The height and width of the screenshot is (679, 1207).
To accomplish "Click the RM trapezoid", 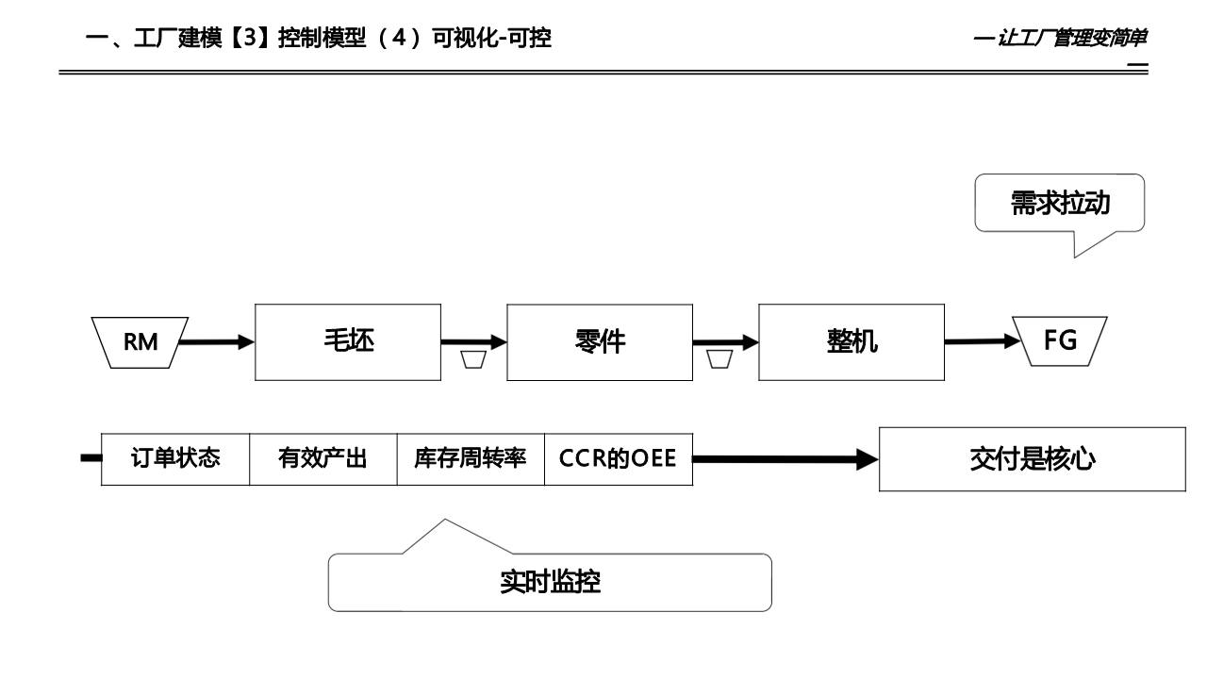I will pyautogui.click(x=141, y=341).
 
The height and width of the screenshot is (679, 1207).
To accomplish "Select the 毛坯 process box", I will pyautogui.click(x=348, y=341).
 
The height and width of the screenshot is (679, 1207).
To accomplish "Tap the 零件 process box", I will pyautogui.click(x=600, y=341).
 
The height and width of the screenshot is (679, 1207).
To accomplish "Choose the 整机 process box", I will pyautogui.click(x=852, y=341).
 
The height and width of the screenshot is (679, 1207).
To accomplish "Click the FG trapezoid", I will pyautogui.click(x=1060, y=340).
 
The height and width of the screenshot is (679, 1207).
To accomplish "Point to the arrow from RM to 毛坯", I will pyautogui.click(x=216, y=342).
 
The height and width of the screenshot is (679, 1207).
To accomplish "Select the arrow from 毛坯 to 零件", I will pyautogui.click(x=474, y=342).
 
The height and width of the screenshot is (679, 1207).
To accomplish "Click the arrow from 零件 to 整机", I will pyautogui.click(x=726, y=342).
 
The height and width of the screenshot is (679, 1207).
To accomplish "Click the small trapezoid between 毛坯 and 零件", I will pyautogui.click(x=473, y=360).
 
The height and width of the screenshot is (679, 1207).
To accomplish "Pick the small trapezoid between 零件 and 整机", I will pyautogui.click(x=719, y=360).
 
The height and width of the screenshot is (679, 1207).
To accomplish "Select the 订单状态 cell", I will pyautogui.click(x=175, y=459).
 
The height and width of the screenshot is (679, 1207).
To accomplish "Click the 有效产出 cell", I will pyautogui.click(x=322, y=459).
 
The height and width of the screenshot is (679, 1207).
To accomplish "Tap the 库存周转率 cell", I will pyautogui.click(x=471, y=459).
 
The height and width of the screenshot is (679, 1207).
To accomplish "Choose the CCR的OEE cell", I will pyautogui.click(x=618, y=459).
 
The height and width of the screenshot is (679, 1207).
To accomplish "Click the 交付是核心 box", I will pyautogui.click(x=1033, y=459).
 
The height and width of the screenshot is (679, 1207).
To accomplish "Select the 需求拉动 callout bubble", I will pyautogui.click(x=1060, y=203).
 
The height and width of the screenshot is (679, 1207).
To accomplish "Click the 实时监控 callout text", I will pyautogui.click(x=550, y=582).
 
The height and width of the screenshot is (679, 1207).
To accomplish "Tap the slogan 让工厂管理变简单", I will pyautogui.click(x=1071, y=39).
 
